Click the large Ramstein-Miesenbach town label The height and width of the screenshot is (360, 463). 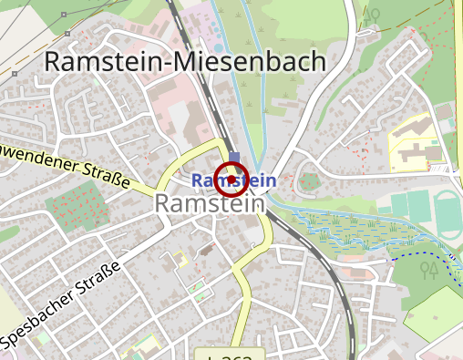pos(185,62)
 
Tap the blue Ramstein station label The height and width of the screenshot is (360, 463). pos(234,180)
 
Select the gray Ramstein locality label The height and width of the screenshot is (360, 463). pos(210,203)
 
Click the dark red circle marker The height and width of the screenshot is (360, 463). pos(231,179)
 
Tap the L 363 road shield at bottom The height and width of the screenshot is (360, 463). pos(229,355)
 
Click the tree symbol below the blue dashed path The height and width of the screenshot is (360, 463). pos(429,270)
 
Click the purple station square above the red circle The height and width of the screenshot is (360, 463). pos(235,157)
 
